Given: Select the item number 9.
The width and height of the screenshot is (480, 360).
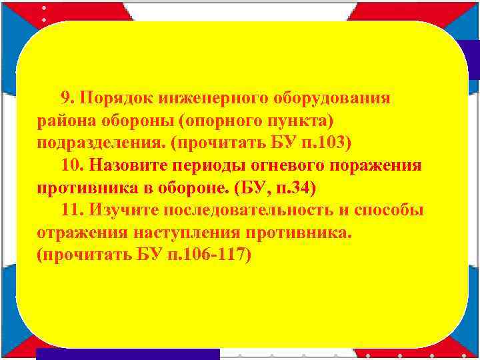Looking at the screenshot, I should coord(67,99).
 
